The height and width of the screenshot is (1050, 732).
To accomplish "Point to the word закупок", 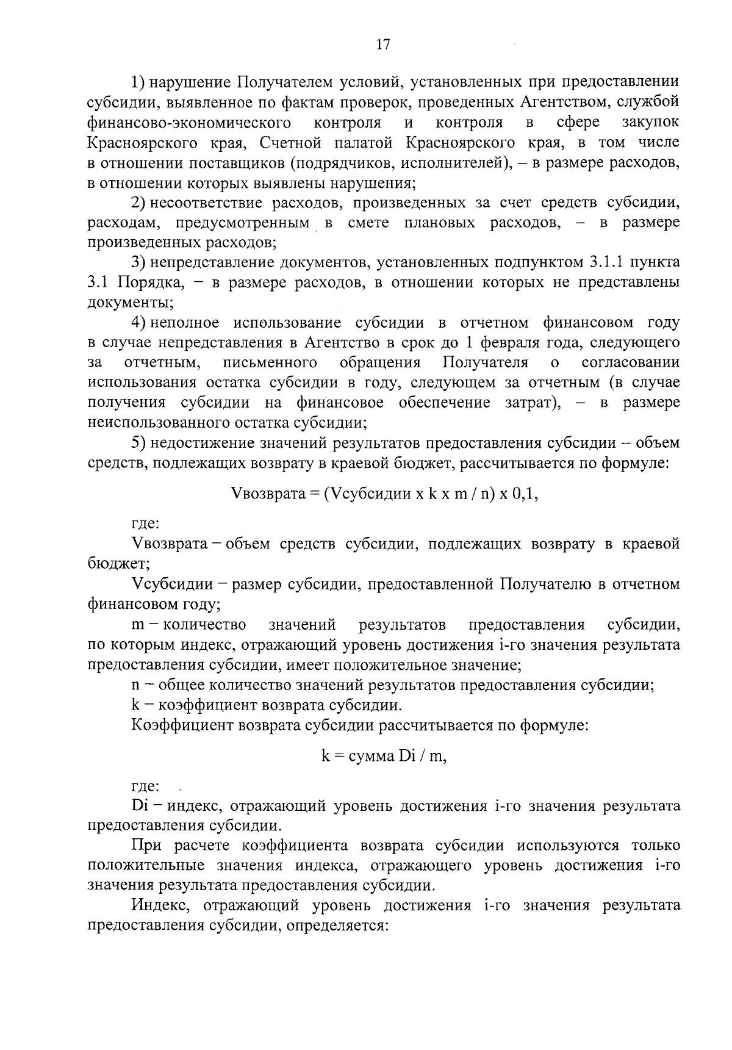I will coord(650,123).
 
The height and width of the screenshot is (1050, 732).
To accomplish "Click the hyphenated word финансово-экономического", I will coord(188,123).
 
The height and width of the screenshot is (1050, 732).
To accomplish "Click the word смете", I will coord(368,223).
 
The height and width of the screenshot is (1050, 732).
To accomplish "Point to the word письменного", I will coord(270,363).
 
